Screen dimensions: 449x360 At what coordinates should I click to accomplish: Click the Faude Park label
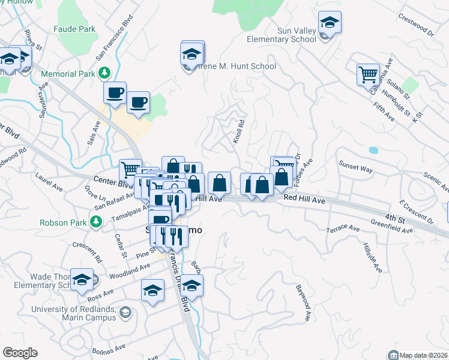click(74, 28)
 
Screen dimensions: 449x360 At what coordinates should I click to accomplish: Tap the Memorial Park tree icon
click(105, 73)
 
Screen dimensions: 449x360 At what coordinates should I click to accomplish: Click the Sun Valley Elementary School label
click(282, 35)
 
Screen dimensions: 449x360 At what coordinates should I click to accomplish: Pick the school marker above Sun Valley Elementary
click(329, 23)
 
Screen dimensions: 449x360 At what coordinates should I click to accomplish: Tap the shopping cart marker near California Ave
click(368, 75)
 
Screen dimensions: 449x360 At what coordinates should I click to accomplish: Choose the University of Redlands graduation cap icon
click(125, 312)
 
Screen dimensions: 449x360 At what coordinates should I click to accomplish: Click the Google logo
click(20, 353)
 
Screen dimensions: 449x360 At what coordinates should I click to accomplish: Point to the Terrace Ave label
click(343, 229)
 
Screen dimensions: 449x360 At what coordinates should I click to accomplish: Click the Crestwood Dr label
click(418, 26)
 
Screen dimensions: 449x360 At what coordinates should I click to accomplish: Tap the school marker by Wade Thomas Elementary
click(82, 280)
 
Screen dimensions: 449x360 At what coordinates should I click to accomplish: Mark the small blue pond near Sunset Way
click(373, 150)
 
